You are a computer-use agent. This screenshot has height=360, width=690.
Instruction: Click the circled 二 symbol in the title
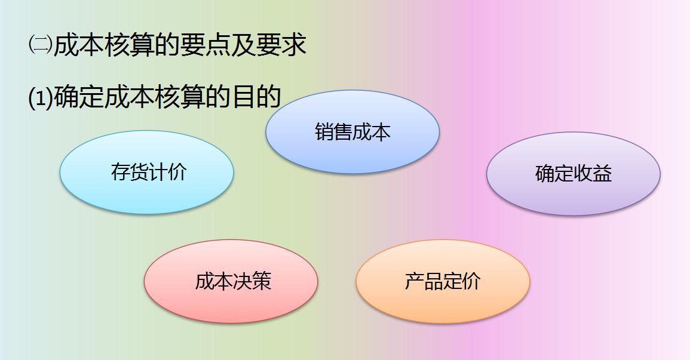[x=40, y=45]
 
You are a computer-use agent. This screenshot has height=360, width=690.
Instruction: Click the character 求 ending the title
[x=294, y=45]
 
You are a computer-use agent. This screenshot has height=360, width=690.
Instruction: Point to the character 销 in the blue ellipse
[x=324, y=131]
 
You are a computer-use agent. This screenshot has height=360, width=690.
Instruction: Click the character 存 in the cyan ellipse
[x=121, y=172]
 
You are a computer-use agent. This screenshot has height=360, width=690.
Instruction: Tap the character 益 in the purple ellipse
[x=602, y=174]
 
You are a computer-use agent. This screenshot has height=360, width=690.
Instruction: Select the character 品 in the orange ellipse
[x=433, y=281]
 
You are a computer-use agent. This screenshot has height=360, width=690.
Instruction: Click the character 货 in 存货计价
[x=140, y=172]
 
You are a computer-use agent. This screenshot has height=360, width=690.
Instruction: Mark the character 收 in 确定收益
[x=583, y=174]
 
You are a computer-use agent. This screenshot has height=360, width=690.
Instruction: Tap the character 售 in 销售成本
[x=344, y=131]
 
